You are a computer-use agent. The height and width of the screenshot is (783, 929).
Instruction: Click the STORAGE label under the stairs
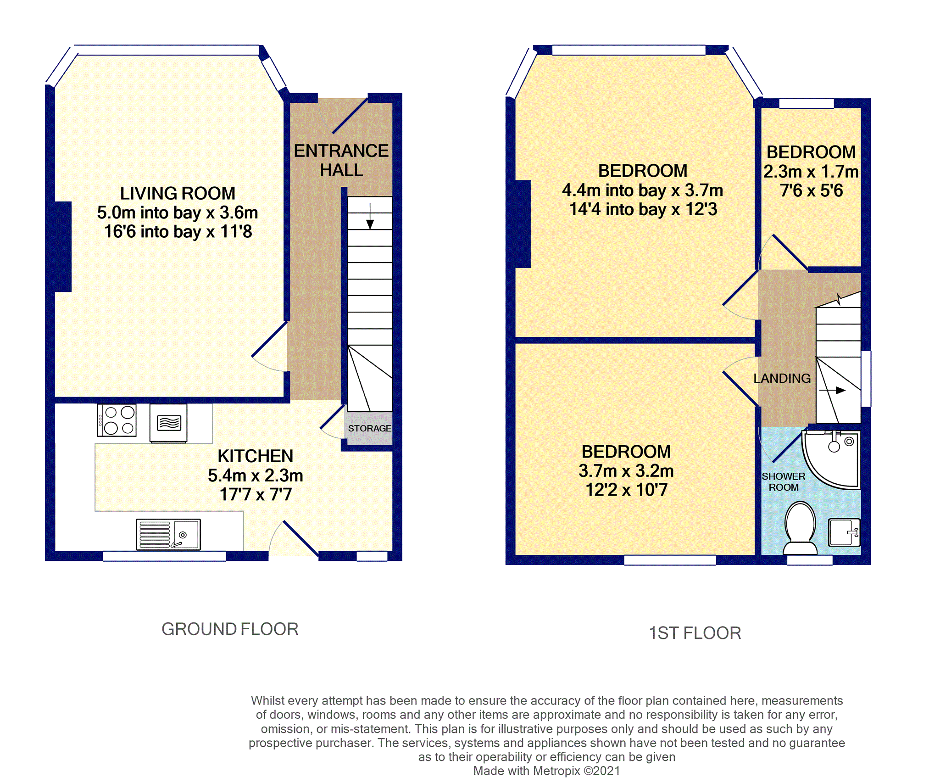tap(369, 428)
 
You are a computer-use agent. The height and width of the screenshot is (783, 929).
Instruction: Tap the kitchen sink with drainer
tap(168, 534)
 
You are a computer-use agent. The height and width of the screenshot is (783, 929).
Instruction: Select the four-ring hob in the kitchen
tap(117, 420)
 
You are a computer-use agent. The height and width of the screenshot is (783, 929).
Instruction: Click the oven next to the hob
tap(168, 423)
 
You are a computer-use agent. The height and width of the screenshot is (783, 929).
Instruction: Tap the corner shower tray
tap(831, 459)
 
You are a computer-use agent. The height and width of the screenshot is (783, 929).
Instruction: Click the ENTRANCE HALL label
tap(341, 161)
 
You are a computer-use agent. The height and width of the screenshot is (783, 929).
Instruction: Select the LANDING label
tap(782, 378)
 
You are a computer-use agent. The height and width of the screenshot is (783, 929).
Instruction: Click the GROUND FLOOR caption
tap(230, 629)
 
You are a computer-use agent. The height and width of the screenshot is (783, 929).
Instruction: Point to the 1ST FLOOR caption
tap(695, 633)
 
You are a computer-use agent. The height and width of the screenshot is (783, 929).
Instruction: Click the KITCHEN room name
tap(256, 456)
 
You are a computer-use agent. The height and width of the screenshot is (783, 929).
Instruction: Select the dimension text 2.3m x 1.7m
tap(811, 172)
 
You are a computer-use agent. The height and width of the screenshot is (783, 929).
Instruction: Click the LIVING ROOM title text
tap(178, 193)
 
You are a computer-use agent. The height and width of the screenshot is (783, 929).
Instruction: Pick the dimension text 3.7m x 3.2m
tap(626, 471)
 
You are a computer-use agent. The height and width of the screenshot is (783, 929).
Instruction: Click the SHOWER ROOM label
tap(784, 482)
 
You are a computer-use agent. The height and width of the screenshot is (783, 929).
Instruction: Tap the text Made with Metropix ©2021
tap(546, 771)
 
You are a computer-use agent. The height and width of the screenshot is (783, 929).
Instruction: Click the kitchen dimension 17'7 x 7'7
tap(256, 494)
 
